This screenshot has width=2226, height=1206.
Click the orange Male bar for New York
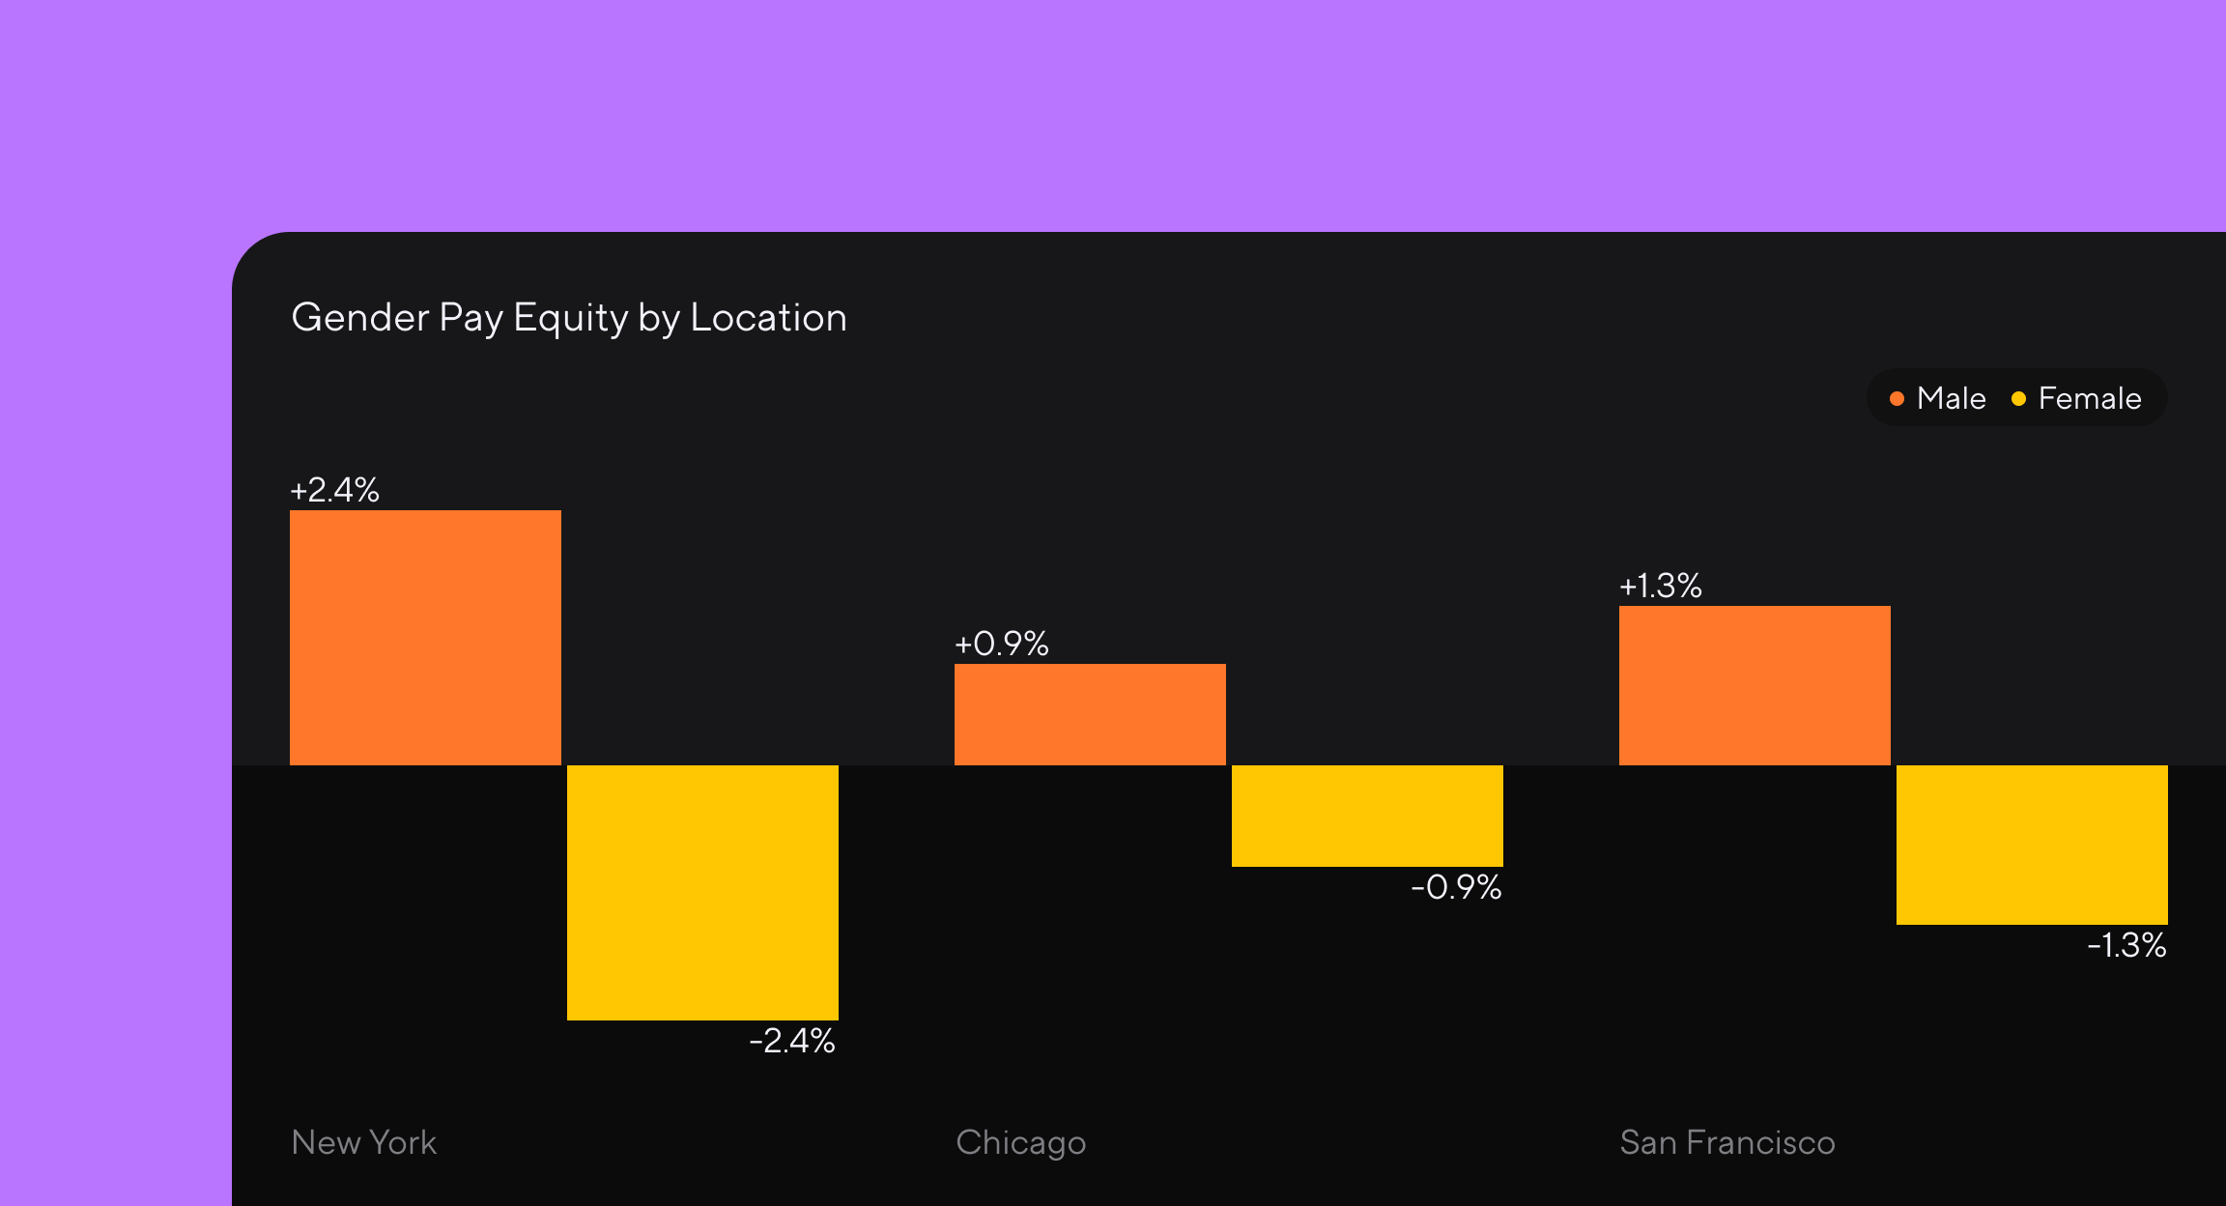coord(425,638)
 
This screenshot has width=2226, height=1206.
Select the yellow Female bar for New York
coord(702,892)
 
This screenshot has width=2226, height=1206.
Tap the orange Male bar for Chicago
coord(1090,714)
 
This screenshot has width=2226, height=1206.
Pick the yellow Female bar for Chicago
coord(1367,816)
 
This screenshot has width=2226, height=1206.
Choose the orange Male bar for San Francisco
coord(1755,685)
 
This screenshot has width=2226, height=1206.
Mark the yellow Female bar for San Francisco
coord(2032,845)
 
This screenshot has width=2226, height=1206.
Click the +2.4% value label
coord(334,490)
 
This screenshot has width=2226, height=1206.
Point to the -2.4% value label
coord(792,1041)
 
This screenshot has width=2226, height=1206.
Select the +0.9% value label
coord(1001,644)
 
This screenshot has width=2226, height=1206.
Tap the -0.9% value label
coord(1456,887)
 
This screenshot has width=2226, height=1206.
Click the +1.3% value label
coord(1660,586)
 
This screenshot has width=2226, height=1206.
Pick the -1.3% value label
coord(2126,945)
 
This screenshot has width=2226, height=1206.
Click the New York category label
coord(364,1142)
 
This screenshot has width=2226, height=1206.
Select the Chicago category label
coord(1020,1143)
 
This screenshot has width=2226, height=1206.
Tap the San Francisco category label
coord(1727,1142)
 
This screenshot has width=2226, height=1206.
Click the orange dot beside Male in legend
coord(1897,398)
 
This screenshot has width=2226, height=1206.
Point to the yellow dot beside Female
coord(2018,398)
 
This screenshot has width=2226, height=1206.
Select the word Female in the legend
coord(2089,398)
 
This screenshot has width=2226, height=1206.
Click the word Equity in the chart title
coord(570,319)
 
